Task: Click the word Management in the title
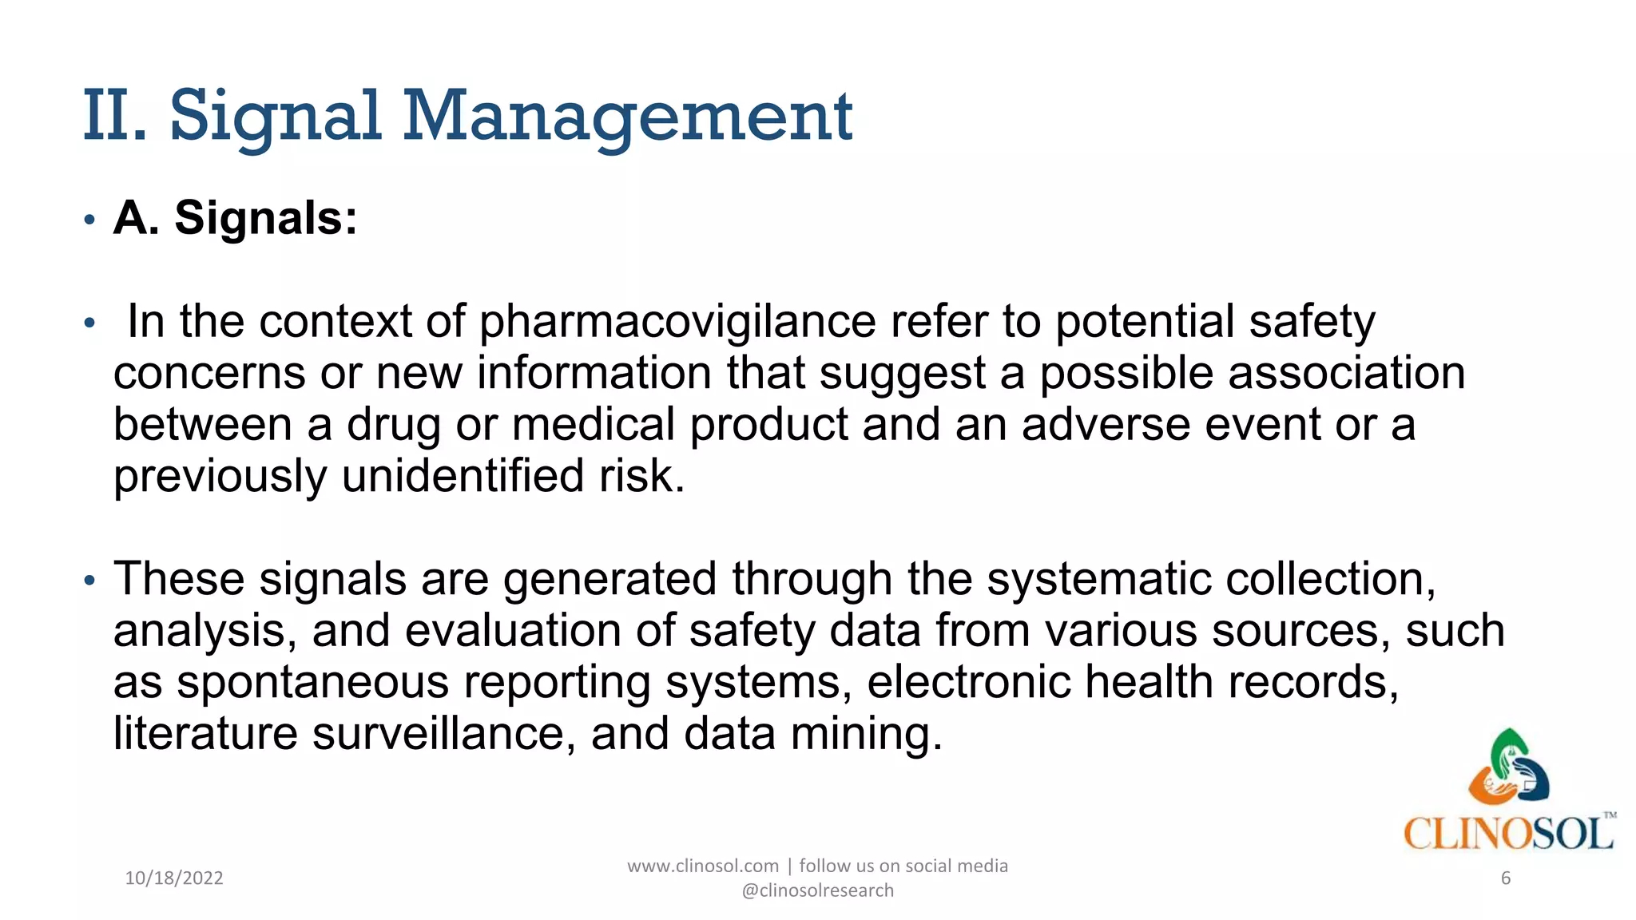[x=628, y=118]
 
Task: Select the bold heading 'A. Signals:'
[x=235, y=217]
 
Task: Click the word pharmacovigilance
[x=677, y=321]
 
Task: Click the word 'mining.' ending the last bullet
[x=866, y=733]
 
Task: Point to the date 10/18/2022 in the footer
[x=174, y=878]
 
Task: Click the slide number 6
[x=1506, y=878]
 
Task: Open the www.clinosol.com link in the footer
[x=702, y=866]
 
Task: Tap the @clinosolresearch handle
[x=817, y=890]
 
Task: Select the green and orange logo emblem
[x=1508, y=767]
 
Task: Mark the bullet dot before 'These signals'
[x=89, y=580]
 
